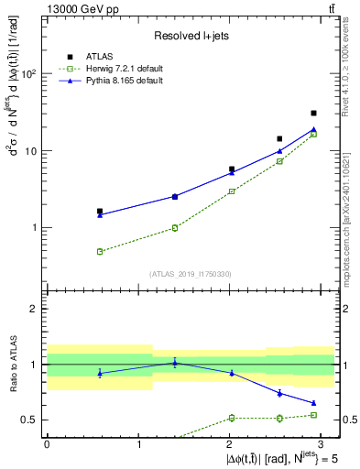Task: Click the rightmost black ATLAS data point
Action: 313,114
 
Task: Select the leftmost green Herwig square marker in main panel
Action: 100,251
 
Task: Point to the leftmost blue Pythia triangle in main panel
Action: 100,214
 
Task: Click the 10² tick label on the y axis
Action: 27,73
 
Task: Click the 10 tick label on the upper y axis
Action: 28,150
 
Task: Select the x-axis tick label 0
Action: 47,444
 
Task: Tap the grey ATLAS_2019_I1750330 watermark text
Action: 191,274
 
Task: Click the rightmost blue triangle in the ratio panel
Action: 313,403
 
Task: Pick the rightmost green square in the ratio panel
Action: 313,415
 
